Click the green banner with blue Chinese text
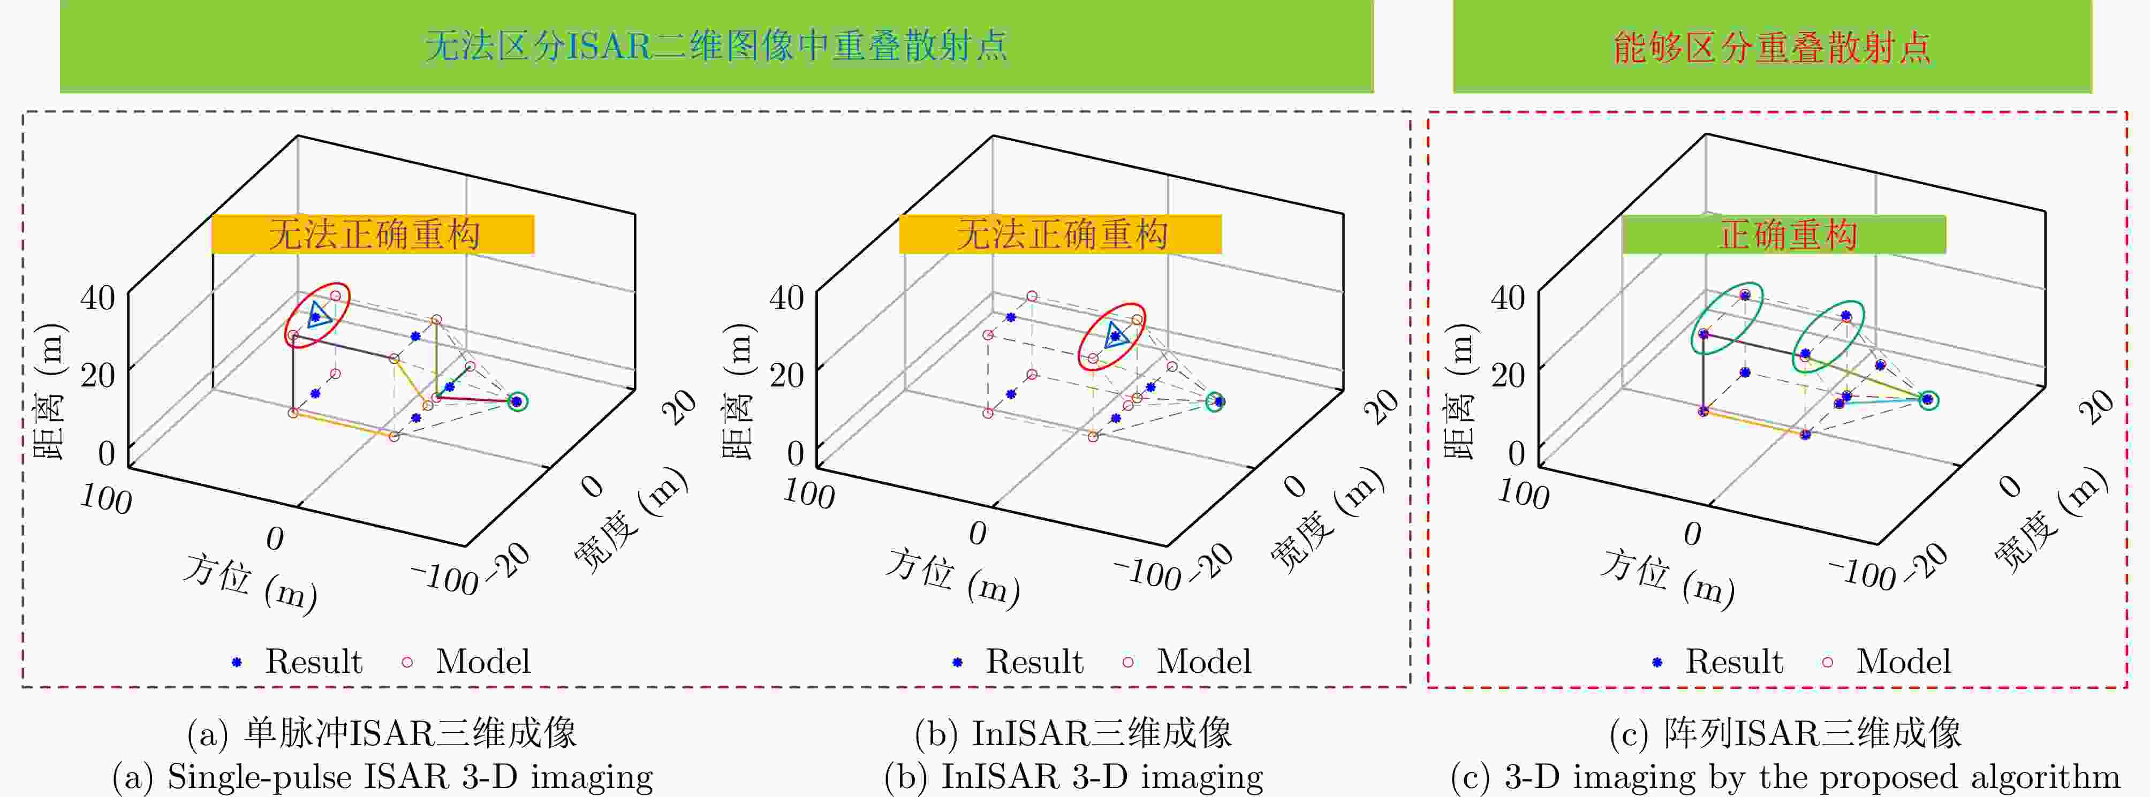click(x=716, y=46)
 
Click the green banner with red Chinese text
click(x=1772, y=46)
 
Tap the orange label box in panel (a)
click(x=372, y=234)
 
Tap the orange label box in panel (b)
click(x=1060, y=234)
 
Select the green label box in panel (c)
click(x=1784, y=234)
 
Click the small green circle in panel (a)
click(x=518, y=392)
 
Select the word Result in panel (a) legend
click(x=314, y=662)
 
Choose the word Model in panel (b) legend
click(x=1203, y=662)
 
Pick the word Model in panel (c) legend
click(x=1904, y=662)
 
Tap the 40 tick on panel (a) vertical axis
click(x=97, y=297)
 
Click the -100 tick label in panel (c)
click(x=1861, y=573)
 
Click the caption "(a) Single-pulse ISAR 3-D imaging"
click(x=382, y=777)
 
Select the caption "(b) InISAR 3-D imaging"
click(x=1073, y=777)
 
